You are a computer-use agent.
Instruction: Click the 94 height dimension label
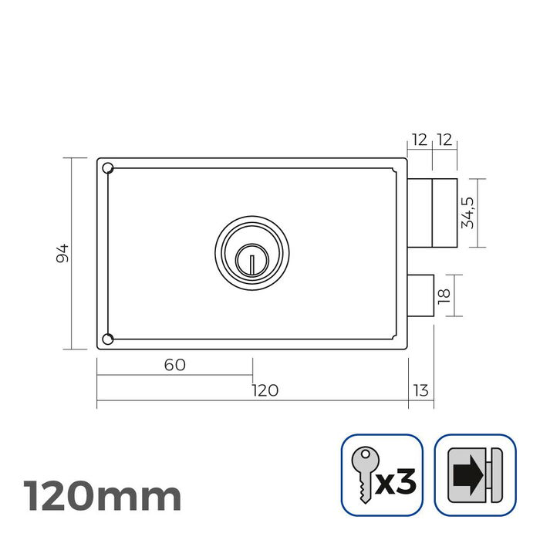[63, 253]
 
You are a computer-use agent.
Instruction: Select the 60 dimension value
[175, 365]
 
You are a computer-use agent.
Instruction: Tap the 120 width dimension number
[265, 390]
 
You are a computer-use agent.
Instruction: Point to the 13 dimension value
[421, 390]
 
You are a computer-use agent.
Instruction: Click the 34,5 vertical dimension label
[467, 213]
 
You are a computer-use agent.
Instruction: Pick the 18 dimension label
[444, 295]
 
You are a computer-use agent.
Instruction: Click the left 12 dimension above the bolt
[419, 140]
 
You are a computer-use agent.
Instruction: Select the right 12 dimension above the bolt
[444, 140]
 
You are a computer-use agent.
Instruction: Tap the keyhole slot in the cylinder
[251, 260]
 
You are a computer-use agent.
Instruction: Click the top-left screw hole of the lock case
[108, 168]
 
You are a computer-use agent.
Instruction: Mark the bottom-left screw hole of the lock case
[108, 339]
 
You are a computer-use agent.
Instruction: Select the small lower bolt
[421, 295]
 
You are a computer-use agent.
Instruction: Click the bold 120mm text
[103, 495]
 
